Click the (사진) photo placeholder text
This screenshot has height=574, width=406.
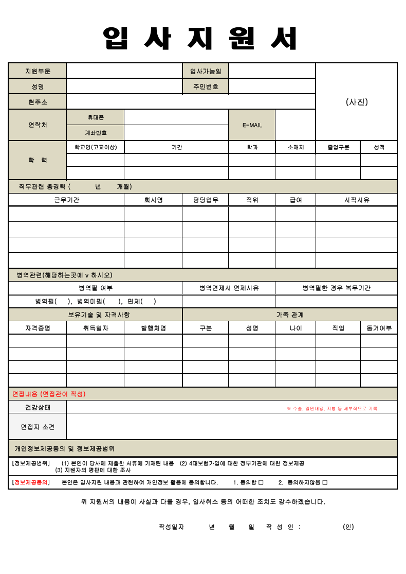pos(357,102)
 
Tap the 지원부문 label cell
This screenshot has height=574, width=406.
pos(38,71)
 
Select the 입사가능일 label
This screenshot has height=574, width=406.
pos(206,71)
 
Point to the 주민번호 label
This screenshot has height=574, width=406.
pos(206,86)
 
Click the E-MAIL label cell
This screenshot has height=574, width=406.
pos(252,125)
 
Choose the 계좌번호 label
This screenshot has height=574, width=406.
pos(96,133)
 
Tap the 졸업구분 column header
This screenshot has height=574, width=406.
pos(338,147)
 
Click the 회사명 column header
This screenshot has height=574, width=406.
pos(153,200)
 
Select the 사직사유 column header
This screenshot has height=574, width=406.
pos(357,200)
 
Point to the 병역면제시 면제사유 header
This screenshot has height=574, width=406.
pos(229,288)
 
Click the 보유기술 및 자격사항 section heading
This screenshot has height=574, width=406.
pos(96,315)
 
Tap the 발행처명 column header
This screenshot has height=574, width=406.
pos(153,328)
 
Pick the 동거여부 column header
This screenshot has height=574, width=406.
pos(379,328)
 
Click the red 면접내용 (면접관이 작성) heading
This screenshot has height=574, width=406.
pos(49,394)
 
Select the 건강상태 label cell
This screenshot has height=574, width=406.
pos(38,407)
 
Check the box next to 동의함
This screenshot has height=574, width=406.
pos(261,482)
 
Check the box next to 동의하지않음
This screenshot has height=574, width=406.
pos(325,482)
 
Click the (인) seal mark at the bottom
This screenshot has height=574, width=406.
pos(348,527)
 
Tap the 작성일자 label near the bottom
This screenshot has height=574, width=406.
pos(172,527)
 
